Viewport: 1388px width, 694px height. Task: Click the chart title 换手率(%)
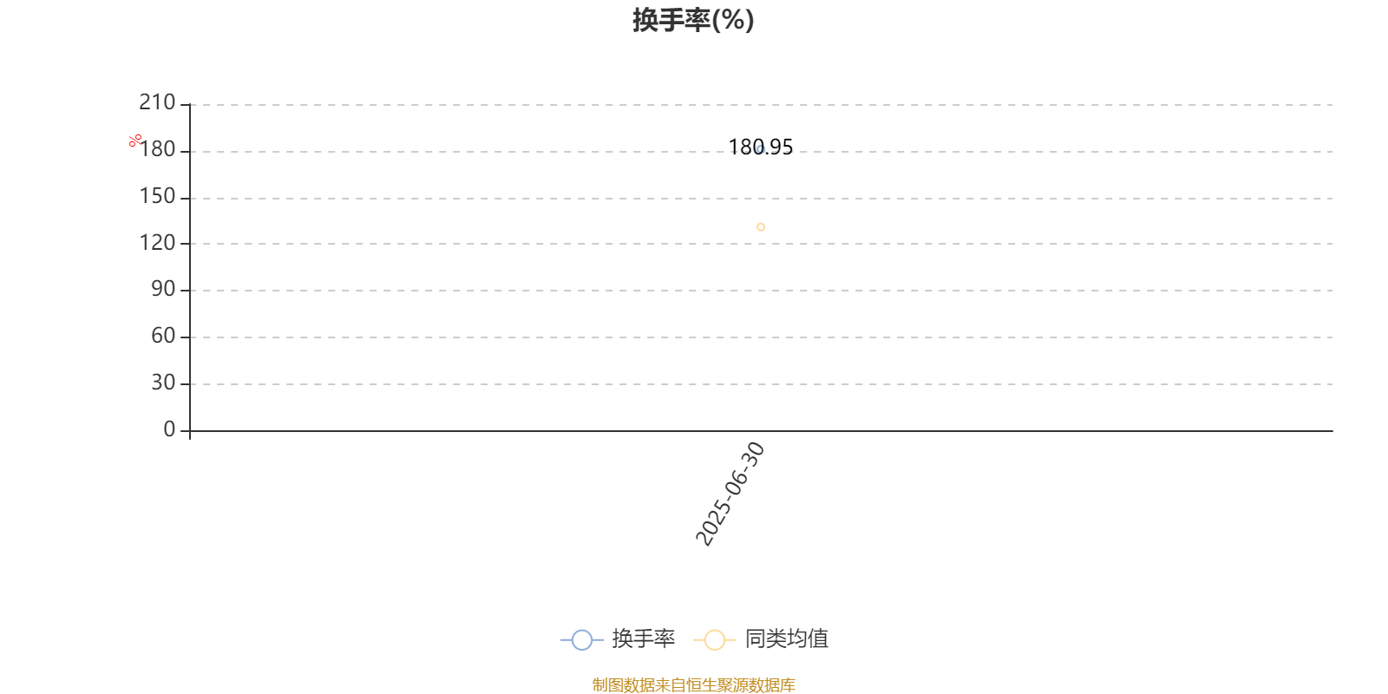click(x=693, y=20)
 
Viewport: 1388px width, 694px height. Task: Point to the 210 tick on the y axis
click(x=157, y=102)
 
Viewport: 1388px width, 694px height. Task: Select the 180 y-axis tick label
click(x=157, y=149)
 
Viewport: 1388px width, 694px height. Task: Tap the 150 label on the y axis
click(x=157, y=196)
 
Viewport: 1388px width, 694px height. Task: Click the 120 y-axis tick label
click(x=157, y=242)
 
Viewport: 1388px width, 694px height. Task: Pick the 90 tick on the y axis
click(x=164, y=289)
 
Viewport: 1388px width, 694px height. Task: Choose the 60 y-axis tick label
click(x=164, y=336)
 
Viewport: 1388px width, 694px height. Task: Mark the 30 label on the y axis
click(x=164, y=383)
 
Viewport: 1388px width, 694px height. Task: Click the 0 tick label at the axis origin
click(x=169, y=429)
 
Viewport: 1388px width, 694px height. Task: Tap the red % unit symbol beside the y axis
click(x=135, y=141)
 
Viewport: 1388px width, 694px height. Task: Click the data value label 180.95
click(x=760, y=147)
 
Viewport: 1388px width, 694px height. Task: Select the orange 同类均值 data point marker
click(x=761, y=227)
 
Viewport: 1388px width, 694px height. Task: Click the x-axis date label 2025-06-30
click(x=730, y=494)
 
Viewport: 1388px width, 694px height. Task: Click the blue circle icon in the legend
click(x=582, y=639)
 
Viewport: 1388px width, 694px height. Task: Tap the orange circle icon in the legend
click(x=715, y=639)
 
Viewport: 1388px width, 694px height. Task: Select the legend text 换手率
click(x=643, y=638)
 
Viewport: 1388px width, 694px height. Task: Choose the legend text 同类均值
click(x=786, y=638)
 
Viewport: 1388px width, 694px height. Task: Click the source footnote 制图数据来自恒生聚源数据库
click(x=693, y=684)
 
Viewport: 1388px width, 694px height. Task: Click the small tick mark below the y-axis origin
click(x=190, y=435)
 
